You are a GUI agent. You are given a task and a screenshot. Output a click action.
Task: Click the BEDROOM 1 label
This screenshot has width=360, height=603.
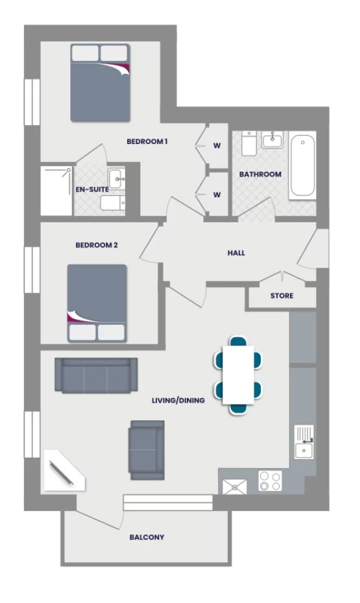coord(147,141)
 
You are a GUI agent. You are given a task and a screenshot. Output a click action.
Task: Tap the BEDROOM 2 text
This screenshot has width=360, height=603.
coord(97,245)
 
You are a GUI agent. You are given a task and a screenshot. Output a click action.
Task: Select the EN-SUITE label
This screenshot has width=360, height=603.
coord(91,189)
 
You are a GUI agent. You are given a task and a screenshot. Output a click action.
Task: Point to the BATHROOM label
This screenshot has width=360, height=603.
coord(260,174)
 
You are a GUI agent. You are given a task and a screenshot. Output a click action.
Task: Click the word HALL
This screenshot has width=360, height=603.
coord(236,253)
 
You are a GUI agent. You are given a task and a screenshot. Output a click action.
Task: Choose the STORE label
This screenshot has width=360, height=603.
coord(282,296)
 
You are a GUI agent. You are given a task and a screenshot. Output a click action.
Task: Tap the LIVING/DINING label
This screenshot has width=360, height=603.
coord(178,401)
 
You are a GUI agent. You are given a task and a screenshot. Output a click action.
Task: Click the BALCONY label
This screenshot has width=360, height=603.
coord(147,537)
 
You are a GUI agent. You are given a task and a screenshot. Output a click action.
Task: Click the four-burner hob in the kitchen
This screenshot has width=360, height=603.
coord(270,481)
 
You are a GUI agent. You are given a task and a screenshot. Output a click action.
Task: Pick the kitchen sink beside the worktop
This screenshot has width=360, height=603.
coord(303,442)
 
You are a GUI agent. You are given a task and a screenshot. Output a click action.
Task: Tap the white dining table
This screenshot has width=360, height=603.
coord(238,375)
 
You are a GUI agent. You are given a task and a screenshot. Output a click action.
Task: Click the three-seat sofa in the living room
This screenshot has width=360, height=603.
coord(96,375)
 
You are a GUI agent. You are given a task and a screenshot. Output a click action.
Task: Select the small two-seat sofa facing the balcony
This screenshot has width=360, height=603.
coord(147,449)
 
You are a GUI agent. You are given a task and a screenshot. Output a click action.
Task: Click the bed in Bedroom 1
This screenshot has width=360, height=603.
coord(100,82)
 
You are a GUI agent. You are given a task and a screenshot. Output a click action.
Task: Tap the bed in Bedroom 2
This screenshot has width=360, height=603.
coord(97,303)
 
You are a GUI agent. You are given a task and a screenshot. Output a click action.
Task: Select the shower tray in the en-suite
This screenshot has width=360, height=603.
coord(56,191)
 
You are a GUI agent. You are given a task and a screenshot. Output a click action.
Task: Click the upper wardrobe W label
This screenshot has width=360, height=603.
coord(217,145)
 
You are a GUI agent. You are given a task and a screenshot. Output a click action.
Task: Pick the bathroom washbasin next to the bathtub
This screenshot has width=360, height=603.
coord(272,139)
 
